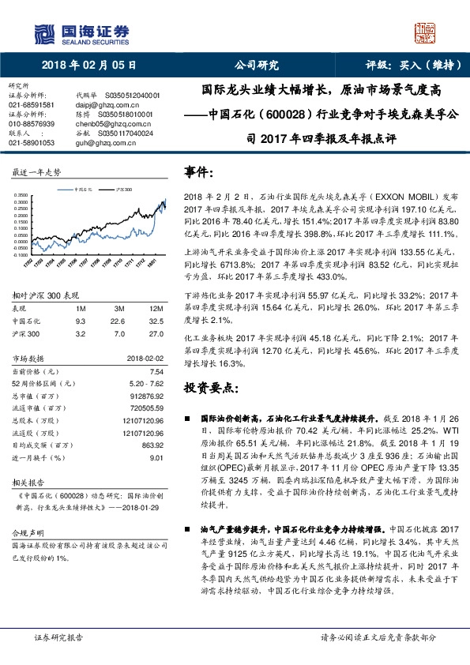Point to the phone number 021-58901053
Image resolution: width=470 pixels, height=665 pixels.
point(32,143)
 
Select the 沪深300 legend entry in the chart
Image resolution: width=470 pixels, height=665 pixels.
point(124,190)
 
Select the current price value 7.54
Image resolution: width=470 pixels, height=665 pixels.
point(156,370)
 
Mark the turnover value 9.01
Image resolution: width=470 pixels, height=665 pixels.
point(156,456)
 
